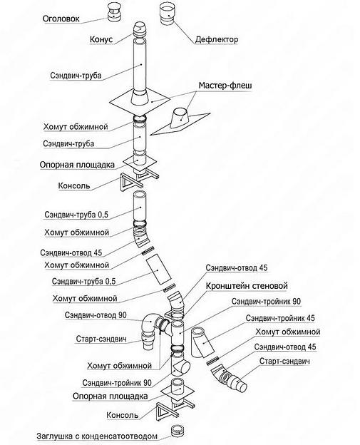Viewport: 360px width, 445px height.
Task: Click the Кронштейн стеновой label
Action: click(x=246, y=285)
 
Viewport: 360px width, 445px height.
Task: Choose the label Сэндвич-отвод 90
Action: click(x=96, y=314)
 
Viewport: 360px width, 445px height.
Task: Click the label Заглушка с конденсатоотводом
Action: click(x=90, y=434)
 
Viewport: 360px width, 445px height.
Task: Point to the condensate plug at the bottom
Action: click(x=177, y=432)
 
